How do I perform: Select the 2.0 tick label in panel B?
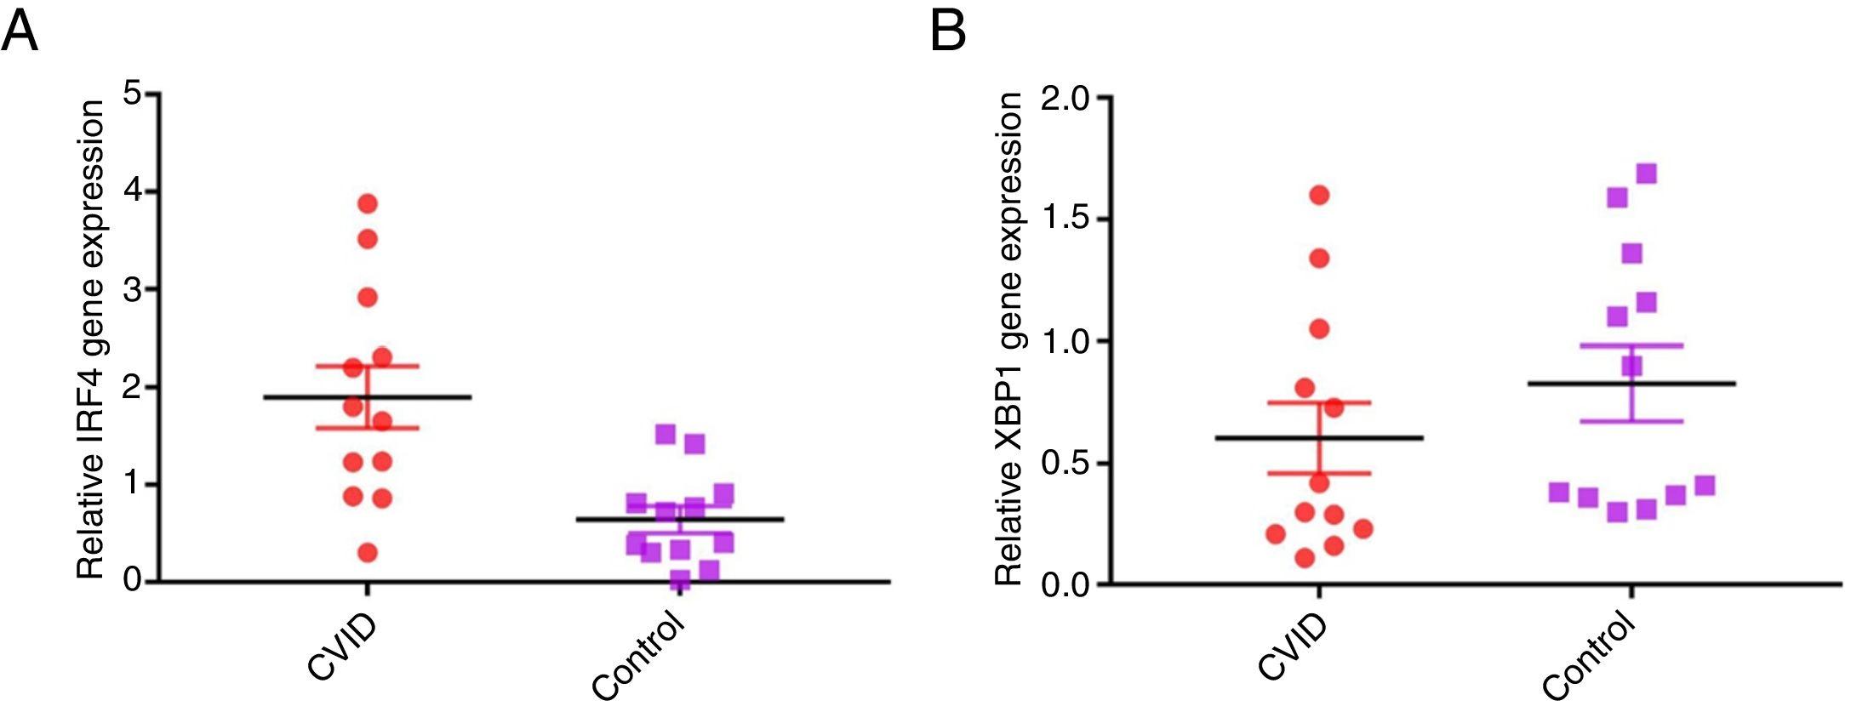tap(1065, 99)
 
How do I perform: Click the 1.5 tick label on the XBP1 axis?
tap(1065, 220)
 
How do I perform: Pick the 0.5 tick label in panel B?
tap(1065, 464)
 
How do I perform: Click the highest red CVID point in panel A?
tap(368, 203)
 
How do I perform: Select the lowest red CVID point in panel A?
tap(368, 553)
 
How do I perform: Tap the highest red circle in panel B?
tap(1319, 196)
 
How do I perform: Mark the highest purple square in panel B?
tap(1646, 174)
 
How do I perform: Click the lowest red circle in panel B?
tap(1305, 558)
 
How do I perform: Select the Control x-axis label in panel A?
tap(637, 658)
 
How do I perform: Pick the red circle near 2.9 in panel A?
tap(368, 298)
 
